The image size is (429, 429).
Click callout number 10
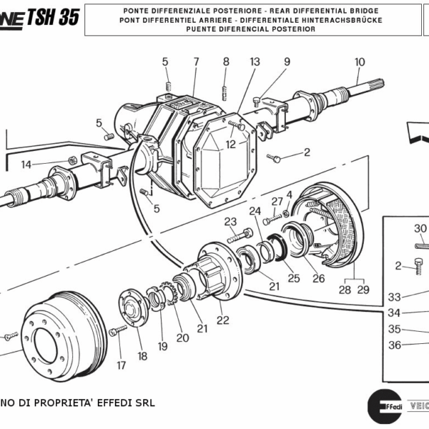(x=359, y=61)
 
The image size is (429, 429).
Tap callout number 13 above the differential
(x=255, y=62)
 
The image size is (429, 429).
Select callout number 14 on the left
(x=26, y=164)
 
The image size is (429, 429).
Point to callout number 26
(x=318, y=278)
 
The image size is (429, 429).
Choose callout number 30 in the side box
(x=420, y=229)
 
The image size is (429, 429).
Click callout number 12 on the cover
(x=230, y=144)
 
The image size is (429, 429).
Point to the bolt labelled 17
(x=117, y=330)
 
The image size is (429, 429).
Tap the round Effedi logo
(x=382, y=408)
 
